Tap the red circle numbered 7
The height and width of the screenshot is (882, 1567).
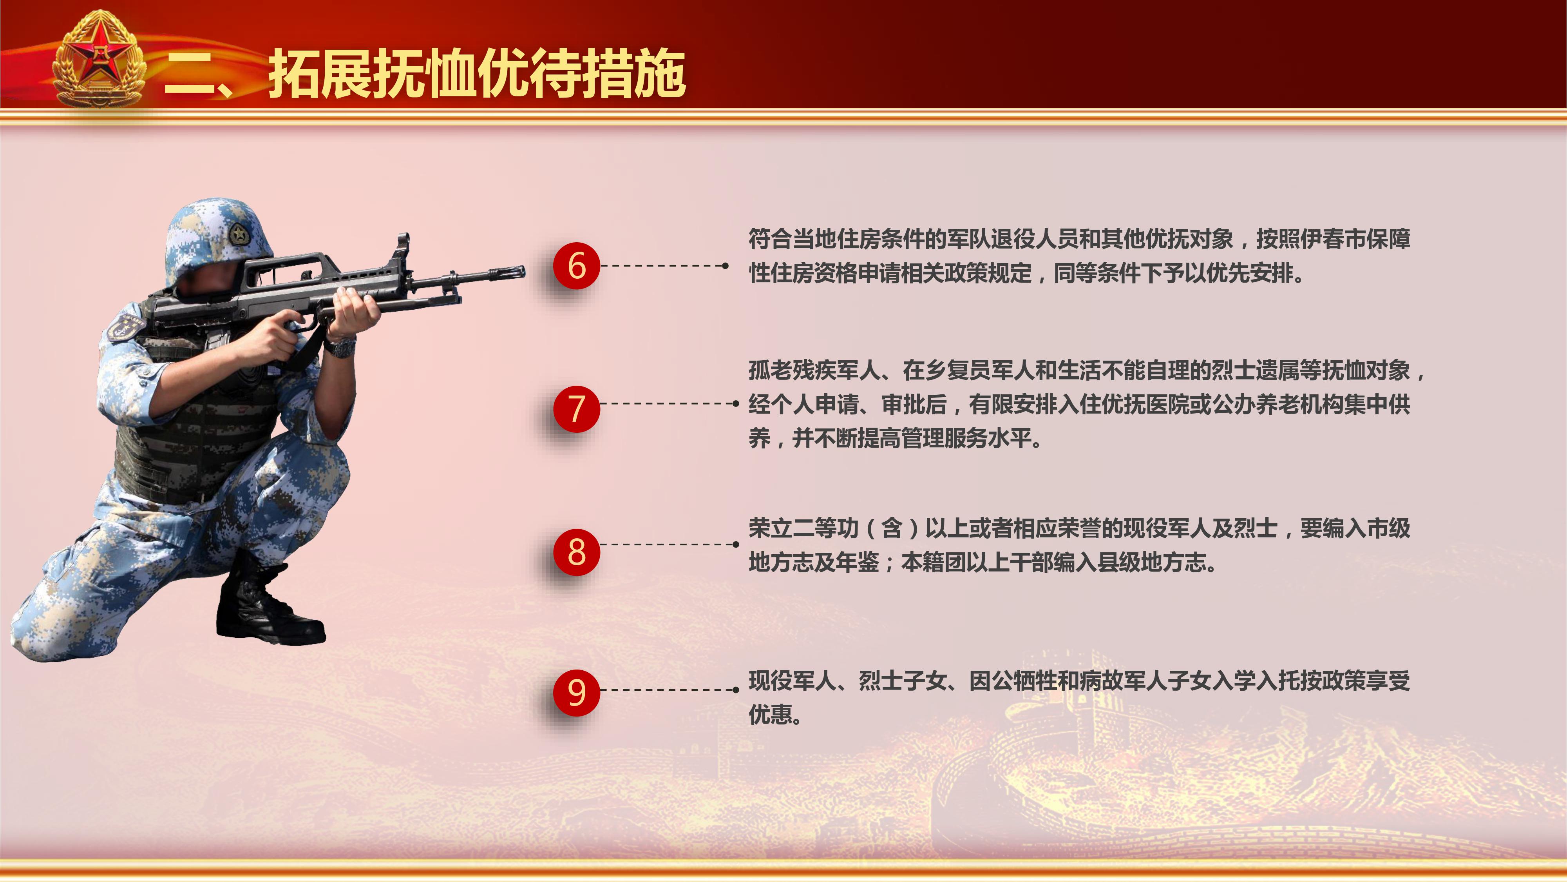[x=576, y=409]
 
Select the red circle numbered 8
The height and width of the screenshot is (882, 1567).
[x=576, y=552]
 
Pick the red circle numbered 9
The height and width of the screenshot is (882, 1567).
[x=576, y=692]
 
